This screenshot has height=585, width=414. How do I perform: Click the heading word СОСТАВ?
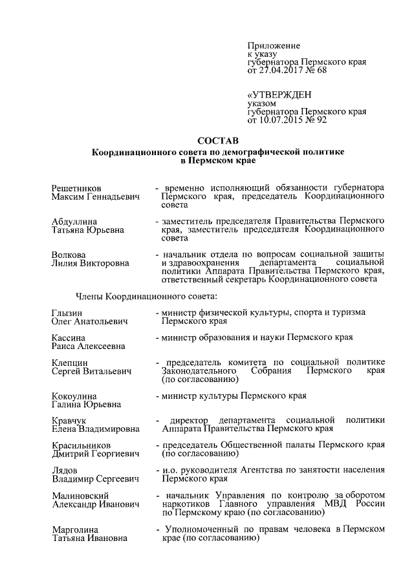(x=217, y=140)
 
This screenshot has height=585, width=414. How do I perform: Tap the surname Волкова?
(x=69, y=254)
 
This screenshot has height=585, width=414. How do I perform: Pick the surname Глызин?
(x=67, y=313)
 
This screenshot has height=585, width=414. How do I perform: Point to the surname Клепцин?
(x=70, y=363)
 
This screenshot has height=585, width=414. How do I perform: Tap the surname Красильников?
(x=81, y=445)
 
